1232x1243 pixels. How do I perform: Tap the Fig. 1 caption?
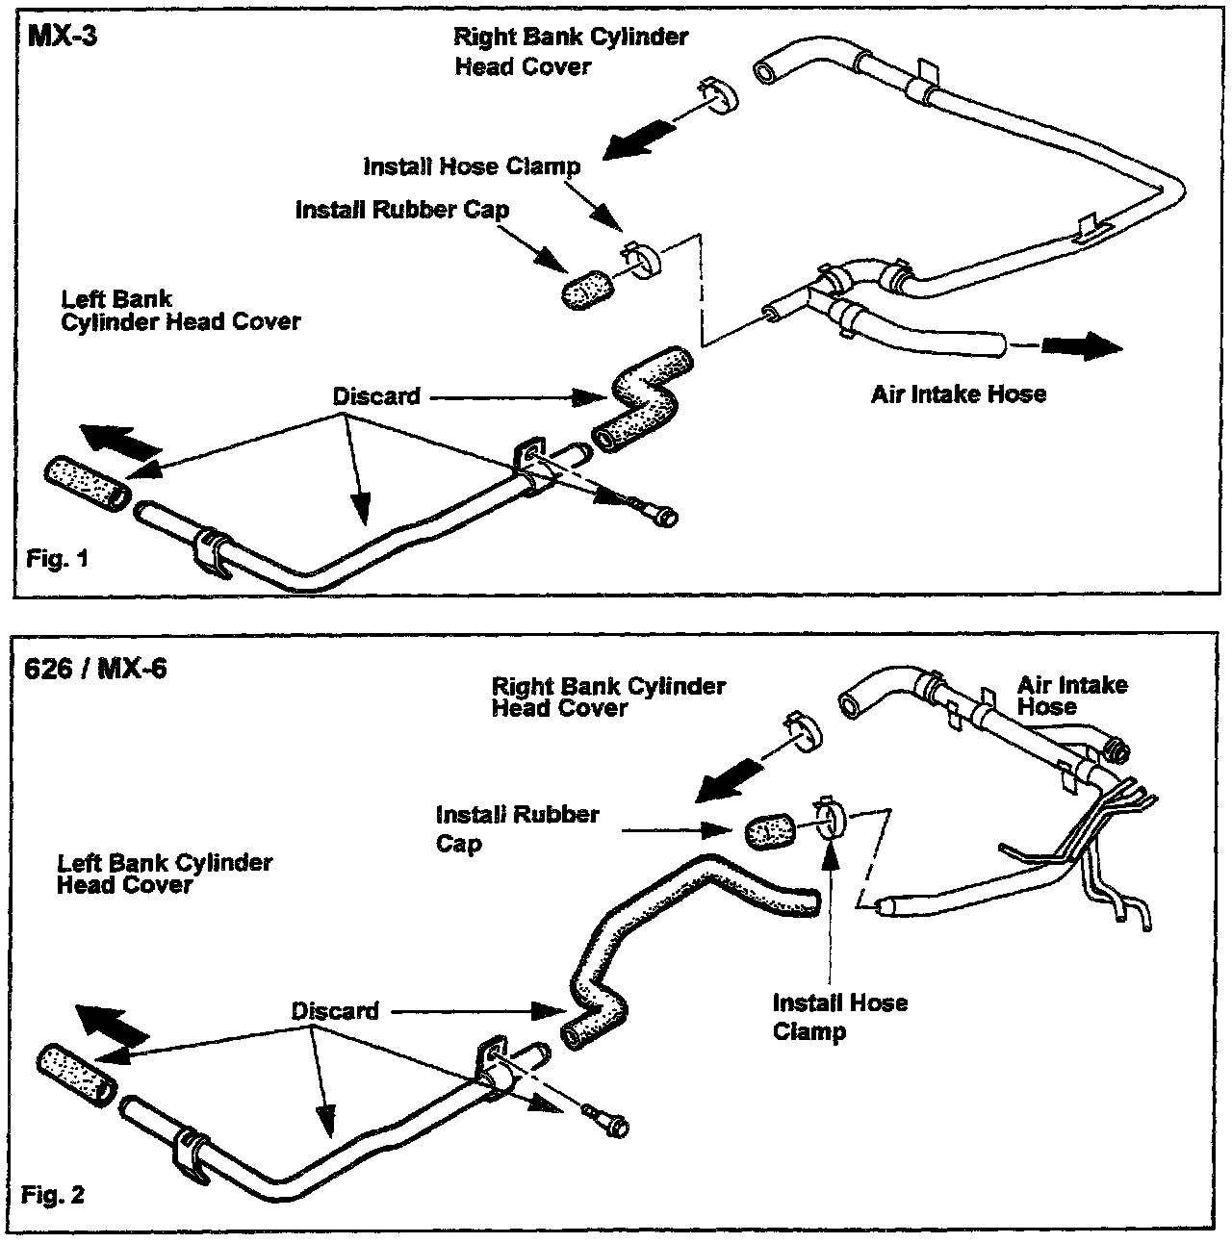click(x=57, y=559)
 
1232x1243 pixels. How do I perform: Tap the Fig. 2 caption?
click(x=53, y=1196)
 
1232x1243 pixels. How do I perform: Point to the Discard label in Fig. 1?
click(x=376, y=396)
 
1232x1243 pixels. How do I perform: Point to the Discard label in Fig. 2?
click(x=335, y=1011)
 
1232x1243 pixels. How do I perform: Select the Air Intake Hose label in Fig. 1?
click(x=958, y=393)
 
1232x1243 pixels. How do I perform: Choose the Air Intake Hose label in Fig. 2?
click(x=1072, y=696)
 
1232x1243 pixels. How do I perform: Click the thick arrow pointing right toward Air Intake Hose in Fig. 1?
click(x=1082, y=345)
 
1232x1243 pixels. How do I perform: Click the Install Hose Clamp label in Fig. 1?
click(x=472, y=166)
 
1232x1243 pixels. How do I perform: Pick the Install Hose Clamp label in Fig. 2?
click(x=839, y=1017)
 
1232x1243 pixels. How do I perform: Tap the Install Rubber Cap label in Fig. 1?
click(x=402, y=210)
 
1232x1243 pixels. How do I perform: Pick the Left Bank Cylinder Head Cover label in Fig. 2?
click(x=164, y=874)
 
